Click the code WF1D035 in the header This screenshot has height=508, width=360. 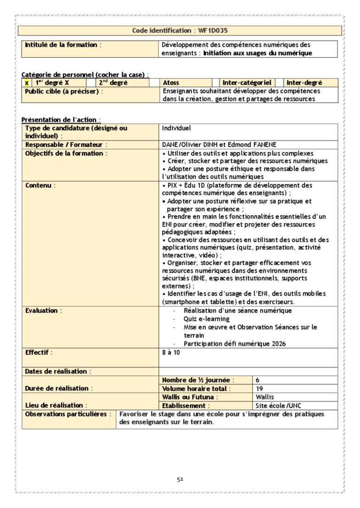[214, 31]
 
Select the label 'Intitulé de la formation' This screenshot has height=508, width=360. [61, 45]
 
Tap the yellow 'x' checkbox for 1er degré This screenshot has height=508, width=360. [27, 83]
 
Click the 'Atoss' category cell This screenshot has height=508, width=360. [171, 83]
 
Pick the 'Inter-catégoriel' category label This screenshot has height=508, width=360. [247, 83]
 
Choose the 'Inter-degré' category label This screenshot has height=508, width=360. [304, 83]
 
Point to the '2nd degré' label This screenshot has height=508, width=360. [113, 83]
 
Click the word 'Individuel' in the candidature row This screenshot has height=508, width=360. [176, 128]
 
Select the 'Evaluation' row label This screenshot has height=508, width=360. [42, 311]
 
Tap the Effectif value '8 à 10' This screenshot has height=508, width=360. [171, 352]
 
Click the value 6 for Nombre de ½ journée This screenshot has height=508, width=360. [258, 380]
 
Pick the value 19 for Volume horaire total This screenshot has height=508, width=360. [259, 389]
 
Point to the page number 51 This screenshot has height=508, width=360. [180, 480]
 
